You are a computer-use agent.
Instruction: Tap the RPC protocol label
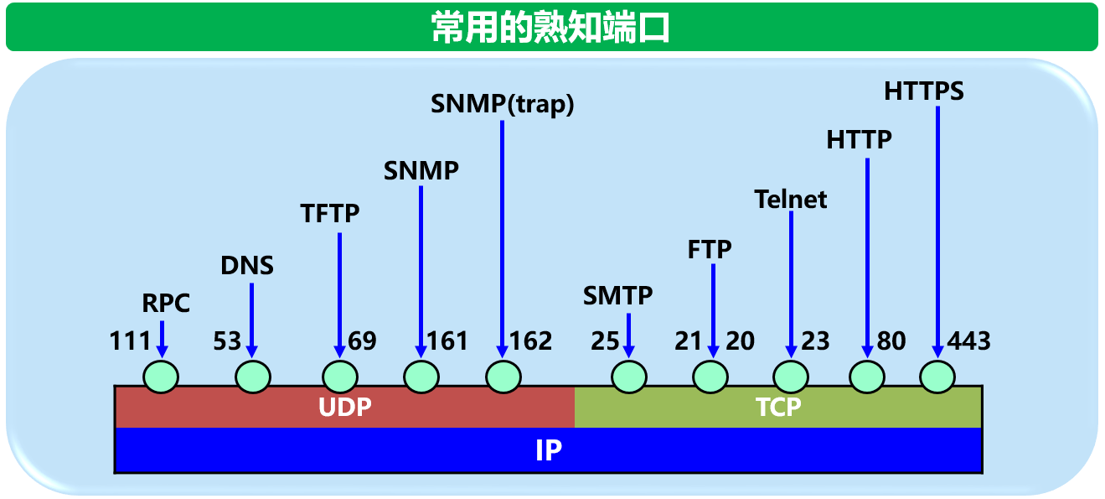pyautogui.click(x=166, y=303)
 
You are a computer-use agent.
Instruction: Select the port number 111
pyautogui.click(x=130, y=341)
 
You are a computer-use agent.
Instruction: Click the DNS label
pyautogui.click(x=247, y=266)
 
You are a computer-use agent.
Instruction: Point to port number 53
pyautogui.click(x=227, y=341)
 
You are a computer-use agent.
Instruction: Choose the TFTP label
pyautogui.click(x=330, y=214)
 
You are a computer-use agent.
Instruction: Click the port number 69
pyautogui.click(x=363, y=341)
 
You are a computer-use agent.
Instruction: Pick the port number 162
pyautogui.click(x=531, y=341)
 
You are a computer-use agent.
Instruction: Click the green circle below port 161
pyautogui.click(x=421, y=377)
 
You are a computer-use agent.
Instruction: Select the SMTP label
pyautogui.click(x=617, y=295)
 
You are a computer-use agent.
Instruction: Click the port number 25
pyautogui.click(x=605, y=341)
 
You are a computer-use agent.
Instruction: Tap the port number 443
pyautogui.click(x=968, y=341)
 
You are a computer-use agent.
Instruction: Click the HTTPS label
pyautogui.click(x=924, y=91)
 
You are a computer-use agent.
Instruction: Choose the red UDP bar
pyautogui.click(x=344, y=408)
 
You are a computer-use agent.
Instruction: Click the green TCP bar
pyautogui.click(x=778, y=408)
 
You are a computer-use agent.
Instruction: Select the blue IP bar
pyautogui.click(x=548, y=450)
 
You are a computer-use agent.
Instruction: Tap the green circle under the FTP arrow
pyautogui.click(x=711, y=377)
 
